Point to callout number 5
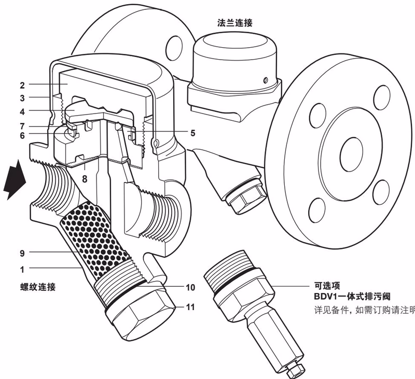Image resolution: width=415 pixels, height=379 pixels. pos(192,133)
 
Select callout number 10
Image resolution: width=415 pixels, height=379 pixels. pos(190,287)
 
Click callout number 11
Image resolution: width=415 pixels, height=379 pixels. pos(190,307)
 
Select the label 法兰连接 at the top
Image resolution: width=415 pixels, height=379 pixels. pos(235,23)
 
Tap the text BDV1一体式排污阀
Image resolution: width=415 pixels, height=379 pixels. pos(348,298)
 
